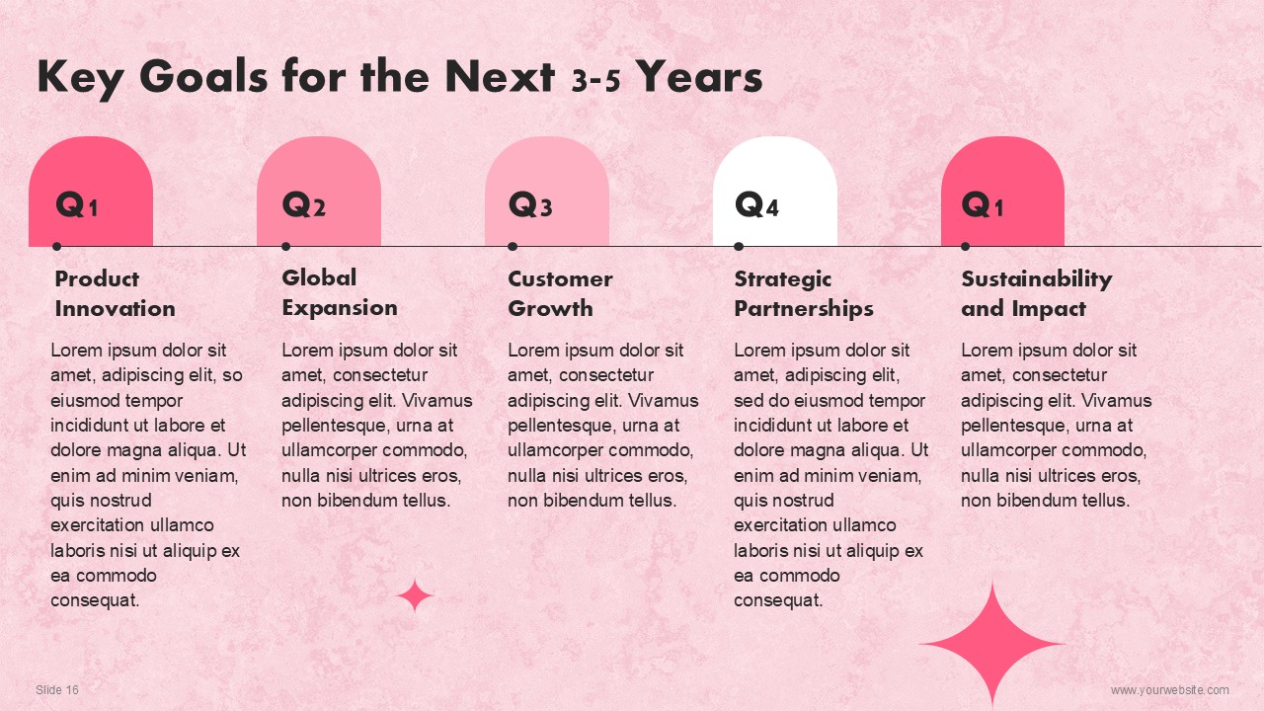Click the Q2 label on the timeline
coord(303,203)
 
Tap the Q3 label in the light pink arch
coord(530,203)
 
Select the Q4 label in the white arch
coord(756,203)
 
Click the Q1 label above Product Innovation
coord(77,203)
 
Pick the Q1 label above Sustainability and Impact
coord(983,203)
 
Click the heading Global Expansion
coord(340,293)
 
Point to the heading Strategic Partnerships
coord(804,294)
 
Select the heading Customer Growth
coord(560,294)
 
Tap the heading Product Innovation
coord(116,294)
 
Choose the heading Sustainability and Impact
coord(1037,294)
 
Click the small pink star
coord(415,595)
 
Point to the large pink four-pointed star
coord(992,643)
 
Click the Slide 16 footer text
coord(57,689)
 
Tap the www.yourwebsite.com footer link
coord(1170,689)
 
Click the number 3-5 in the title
coord(595,81)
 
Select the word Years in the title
coord(700,77)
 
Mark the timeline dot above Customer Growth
coord(513,246)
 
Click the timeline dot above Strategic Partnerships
coord(739,246)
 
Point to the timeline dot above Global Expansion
coord(285,246)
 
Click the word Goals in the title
coord(203,76)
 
